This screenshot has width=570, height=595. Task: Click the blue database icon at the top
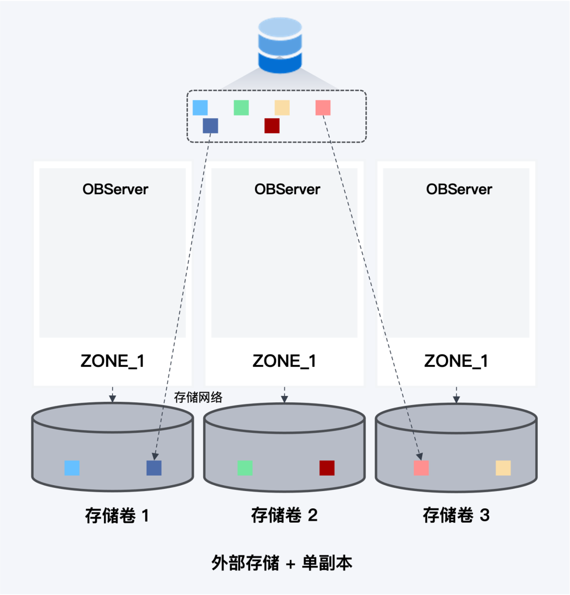click(x=280, y=45)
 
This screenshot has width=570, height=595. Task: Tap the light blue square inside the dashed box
click(x=200, y=108)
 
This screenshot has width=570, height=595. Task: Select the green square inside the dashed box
click(x=241, y=108)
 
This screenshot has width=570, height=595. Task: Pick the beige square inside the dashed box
click(x=282, y=108)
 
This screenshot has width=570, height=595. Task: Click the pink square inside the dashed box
click(x=323, y=108)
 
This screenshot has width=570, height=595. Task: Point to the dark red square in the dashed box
click(x=272, y=126)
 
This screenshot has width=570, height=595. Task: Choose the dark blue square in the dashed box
click(x=211, y=126)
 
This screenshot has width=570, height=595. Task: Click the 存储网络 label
click(x=198, y=397)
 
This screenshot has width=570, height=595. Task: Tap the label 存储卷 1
click(x=117, y=515)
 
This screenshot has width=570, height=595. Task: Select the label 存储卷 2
click(x=284, y=515)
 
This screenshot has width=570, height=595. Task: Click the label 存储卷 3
click(x=456, y=515)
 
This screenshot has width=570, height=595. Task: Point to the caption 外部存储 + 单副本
click(x=282, y=563)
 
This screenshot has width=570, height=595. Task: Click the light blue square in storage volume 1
click(x=72, y=468)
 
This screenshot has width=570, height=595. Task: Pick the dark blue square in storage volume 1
click(x=154, y=468)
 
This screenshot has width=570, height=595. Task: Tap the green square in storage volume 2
click(x=245, y=468)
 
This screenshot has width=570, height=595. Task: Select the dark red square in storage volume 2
click(x=327, y=468)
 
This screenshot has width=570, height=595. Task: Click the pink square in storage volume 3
click(x=421, y=468)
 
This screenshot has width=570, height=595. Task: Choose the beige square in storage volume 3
click(x=503, y=468)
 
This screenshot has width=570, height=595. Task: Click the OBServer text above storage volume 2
click(x=287, y=190)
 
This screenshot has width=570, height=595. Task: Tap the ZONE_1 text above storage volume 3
click(x=456, y=361)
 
